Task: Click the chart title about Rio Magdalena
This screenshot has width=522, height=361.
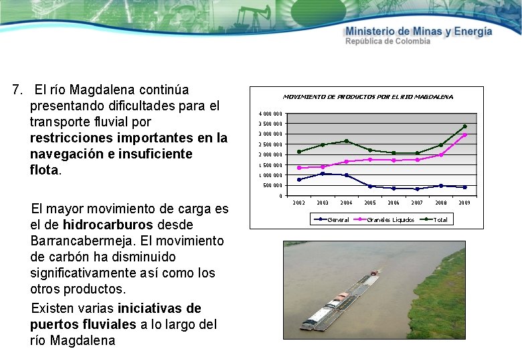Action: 367,97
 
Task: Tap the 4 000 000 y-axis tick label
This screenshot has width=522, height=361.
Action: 271,114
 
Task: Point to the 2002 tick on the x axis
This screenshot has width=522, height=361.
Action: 298,203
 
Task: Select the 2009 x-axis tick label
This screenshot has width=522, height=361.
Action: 464,203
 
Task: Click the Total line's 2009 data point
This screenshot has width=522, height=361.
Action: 464,126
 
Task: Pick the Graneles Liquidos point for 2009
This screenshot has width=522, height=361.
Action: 464,135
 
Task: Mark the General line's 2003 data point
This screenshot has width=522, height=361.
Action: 323,174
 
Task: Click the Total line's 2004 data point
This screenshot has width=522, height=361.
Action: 346,141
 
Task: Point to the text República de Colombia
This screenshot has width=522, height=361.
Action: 387,41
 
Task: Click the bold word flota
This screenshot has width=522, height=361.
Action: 44,170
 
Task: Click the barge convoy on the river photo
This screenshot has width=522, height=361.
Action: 339,304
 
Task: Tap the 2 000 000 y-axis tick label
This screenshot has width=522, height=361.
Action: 271,155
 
